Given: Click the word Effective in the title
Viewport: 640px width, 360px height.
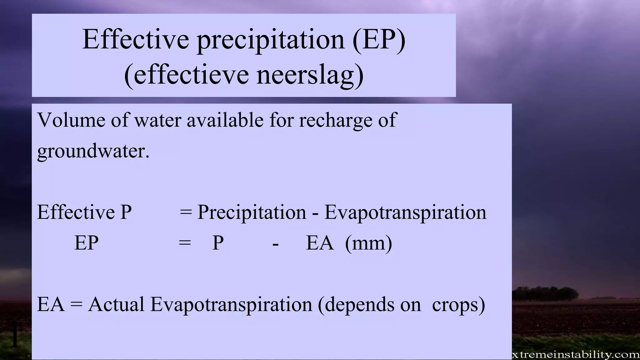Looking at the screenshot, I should point(135,40).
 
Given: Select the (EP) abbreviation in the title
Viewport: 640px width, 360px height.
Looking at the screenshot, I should point(379,40).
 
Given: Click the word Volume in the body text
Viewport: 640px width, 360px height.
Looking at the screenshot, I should point(71,120).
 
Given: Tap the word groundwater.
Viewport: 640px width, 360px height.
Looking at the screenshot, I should point(93,152).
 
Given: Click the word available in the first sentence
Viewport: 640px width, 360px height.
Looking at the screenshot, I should point(225,120).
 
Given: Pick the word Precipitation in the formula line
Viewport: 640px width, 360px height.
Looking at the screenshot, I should point(252,212).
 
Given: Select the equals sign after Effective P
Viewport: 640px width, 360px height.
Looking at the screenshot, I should point(186,212).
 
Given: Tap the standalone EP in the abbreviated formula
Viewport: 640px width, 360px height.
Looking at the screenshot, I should point(86,243).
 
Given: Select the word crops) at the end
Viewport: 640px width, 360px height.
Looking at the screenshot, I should point(458,305).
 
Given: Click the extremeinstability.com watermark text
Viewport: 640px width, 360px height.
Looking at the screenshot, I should point(575,355).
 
